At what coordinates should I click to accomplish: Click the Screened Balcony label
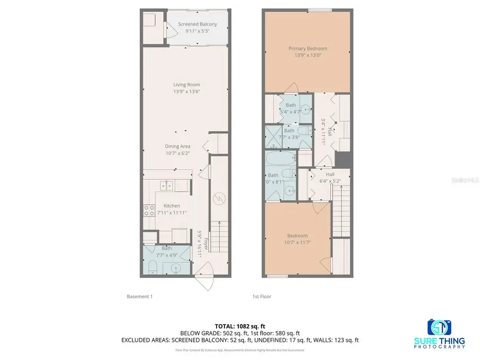(x=197, y=24)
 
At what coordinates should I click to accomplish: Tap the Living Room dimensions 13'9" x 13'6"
(x=186, y=91)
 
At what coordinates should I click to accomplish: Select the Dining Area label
(x=178, y=146)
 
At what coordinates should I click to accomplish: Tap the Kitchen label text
(x=172, y=206)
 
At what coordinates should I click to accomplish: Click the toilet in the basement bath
(x=153, y=267)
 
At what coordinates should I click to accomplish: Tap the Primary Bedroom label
(x=308, y=49)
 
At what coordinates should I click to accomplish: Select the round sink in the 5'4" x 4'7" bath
(x=305, y=110)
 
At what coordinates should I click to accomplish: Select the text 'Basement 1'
(x=140, y=297)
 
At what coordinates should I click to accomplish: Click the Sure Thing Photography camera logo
(x=438, y=327)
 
